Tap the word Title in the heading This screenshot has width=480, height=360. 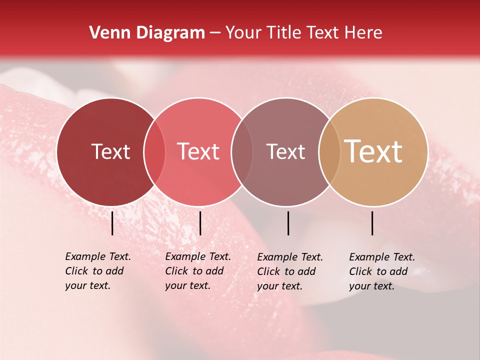pyautogui.click(x=284, y=33)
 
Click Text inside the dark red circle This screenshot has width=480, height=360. pyautogui.click(x=110, y=151)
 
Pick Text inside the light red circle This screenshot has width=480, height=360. pyautogui.click(x=198, y=151)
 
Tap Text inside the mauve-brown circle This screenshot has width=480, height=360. pyautogui.click(x=285, y=151)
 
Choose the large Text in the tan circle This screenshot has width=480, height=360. pyautogui.click(x=373, y=151)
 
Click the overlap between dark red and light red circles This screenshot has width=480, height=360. pyautogui.click(x=154, y=151)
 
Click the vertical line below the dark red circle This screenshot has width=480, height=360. pyautogui.click(x=112, y=223)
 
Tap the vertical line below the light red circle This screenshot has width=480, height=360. pyautogui.click(x=200, y=223)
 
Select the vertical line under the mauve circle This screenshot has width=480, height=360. pyautogui.click(x=288, y=223)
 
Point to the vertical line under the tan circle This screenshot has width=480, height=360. pyautogui.click(x=372, y=223)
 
